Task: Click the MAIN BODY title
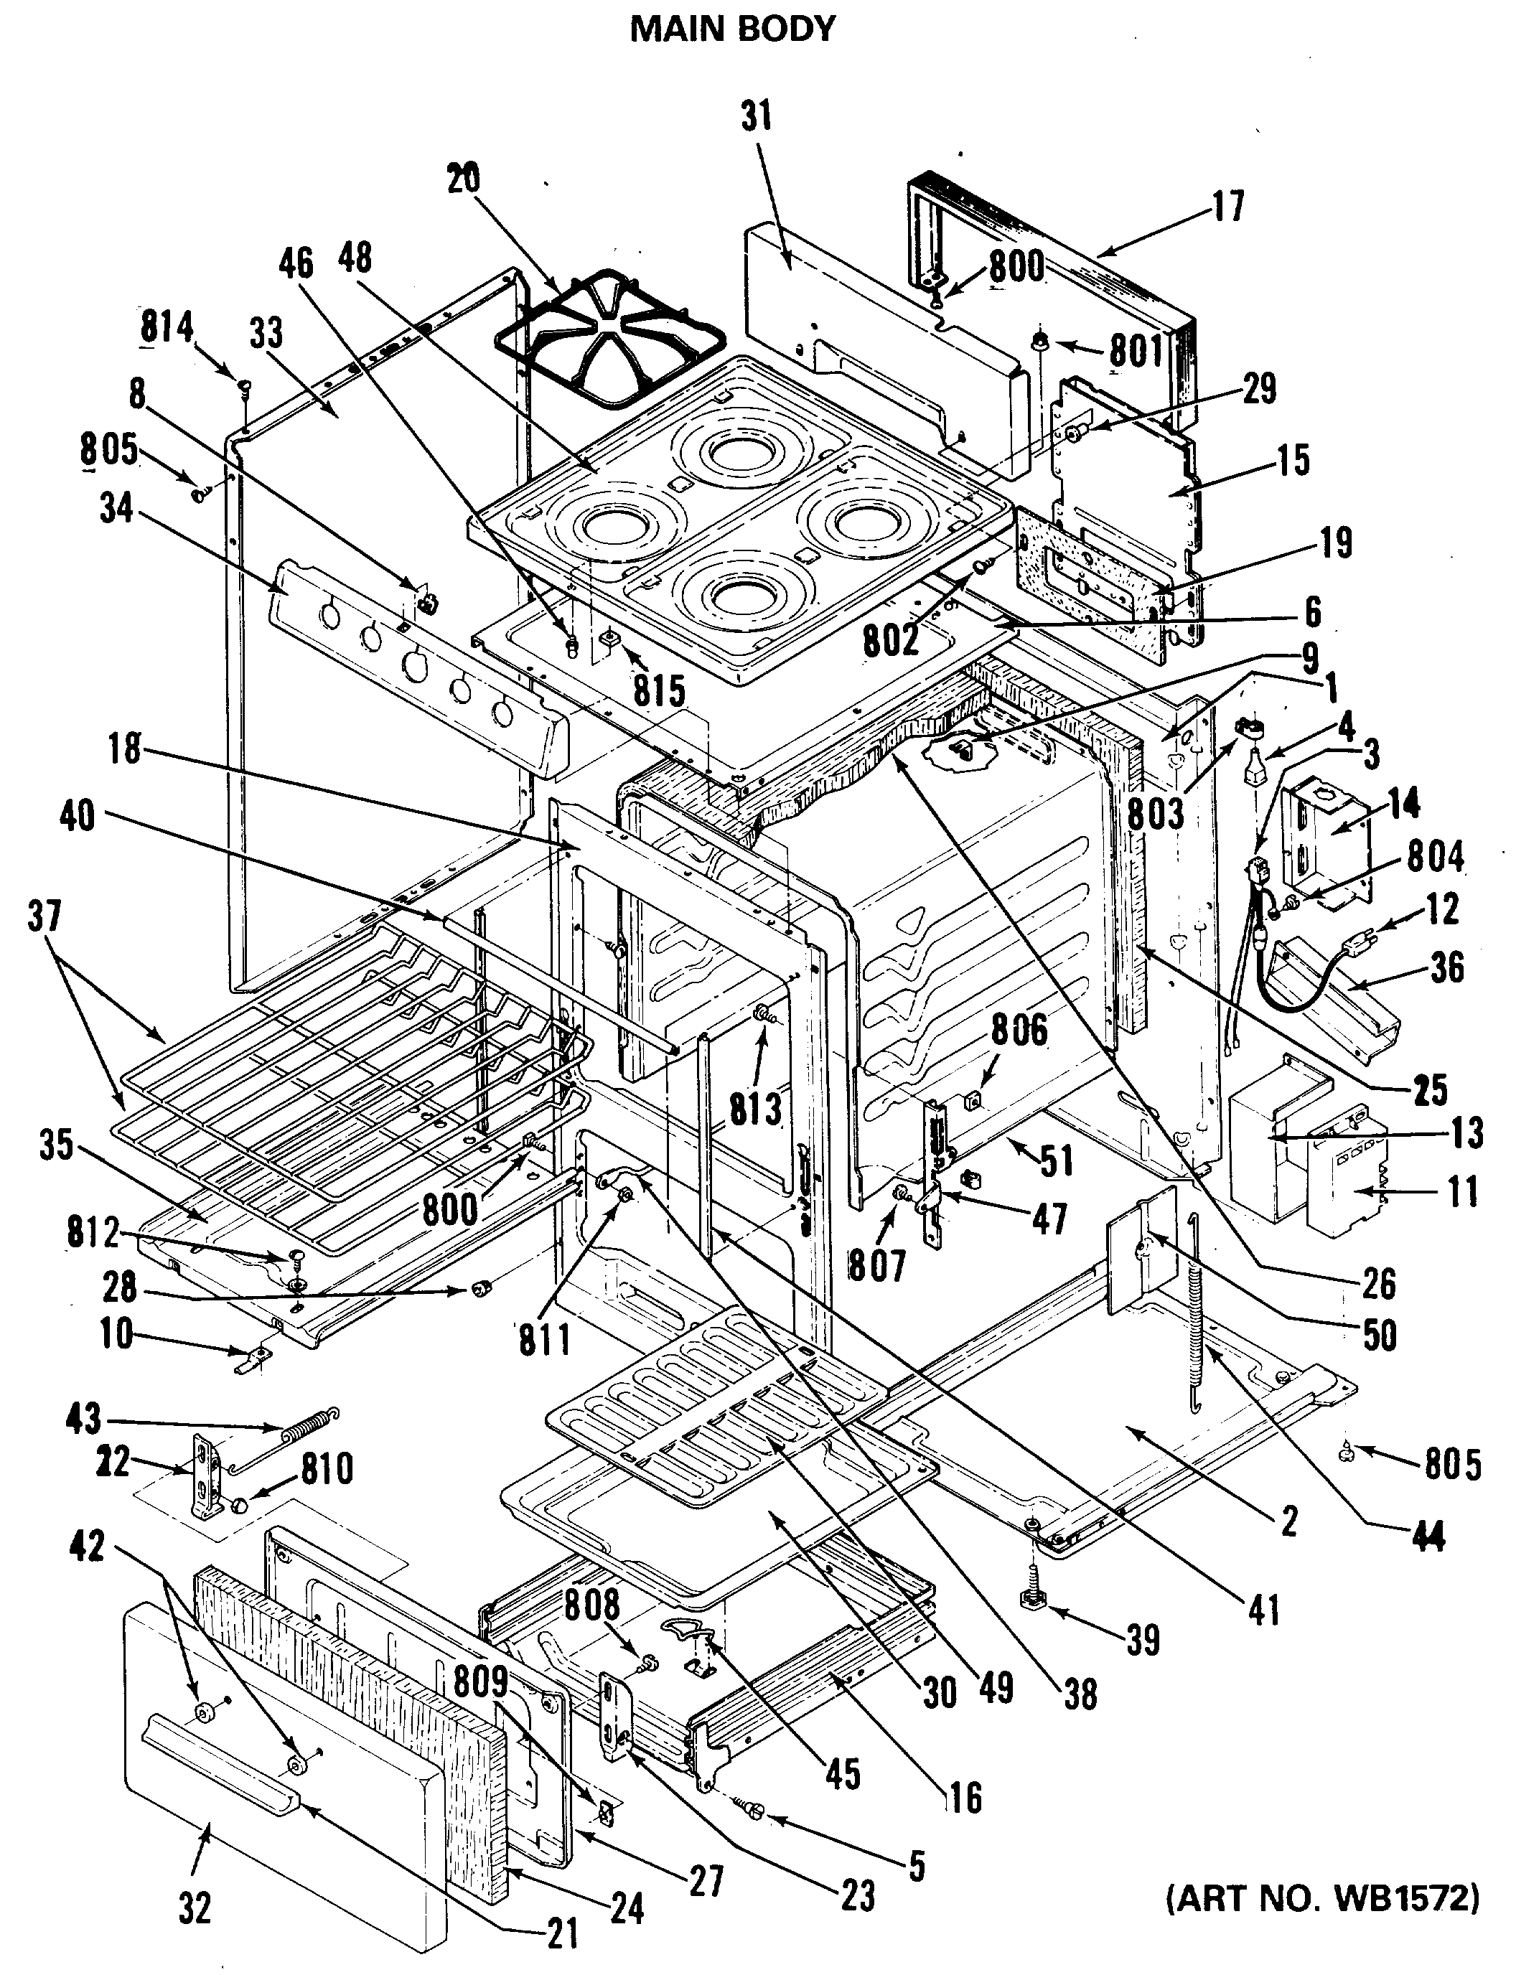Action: coord(732,29)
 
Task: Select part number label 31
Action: coord(756,117)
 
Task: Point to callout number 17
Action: coord(1228,206)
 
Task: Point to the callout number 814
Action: coord(167,327)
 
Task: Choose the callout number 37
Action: coord(45,916)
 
